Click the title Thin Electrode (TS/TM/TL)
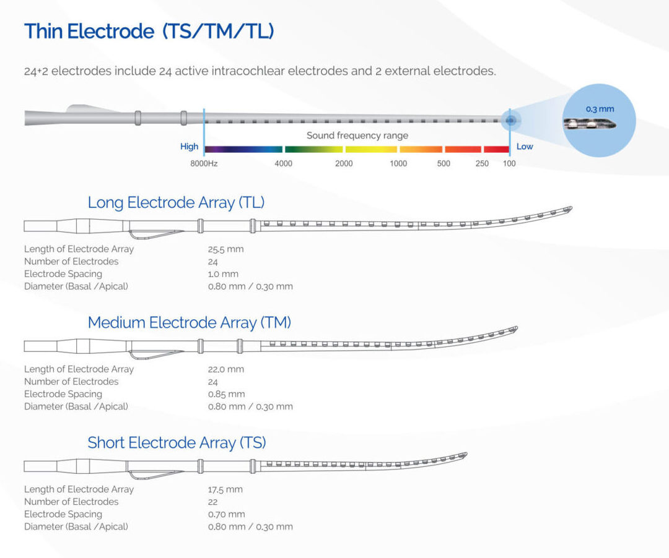[x=149, y=32]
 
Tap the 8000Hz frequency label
[x=204, y=164]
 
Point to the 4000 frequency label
[x=284, y=164]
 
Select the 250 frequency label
[x=482, y=164]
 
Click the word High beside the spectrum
[x=189, y=147]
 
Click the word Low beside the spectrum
[x=525, y=147]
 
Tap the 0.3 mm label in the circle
[x=600, y=109]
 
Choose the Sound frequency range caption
[x=357, y=135]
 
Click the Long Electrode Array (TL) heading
[x=177, y=202]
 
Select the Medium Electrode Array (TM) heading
[x=189, y=322]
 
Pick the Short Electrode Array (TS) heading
[x=177, y=442]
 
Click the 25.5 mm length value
[x=225, y=249]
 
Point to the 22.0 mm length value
[x=225, y=369]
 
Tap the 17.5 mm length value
[x=225, y=489]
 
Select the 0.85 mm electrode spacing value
[x=226, y=394]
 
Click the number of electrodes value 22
[x=213, y=502]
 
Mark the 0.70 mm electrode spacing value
[x=226, y=514]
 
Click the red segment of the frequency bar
[x=496, y=149]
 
